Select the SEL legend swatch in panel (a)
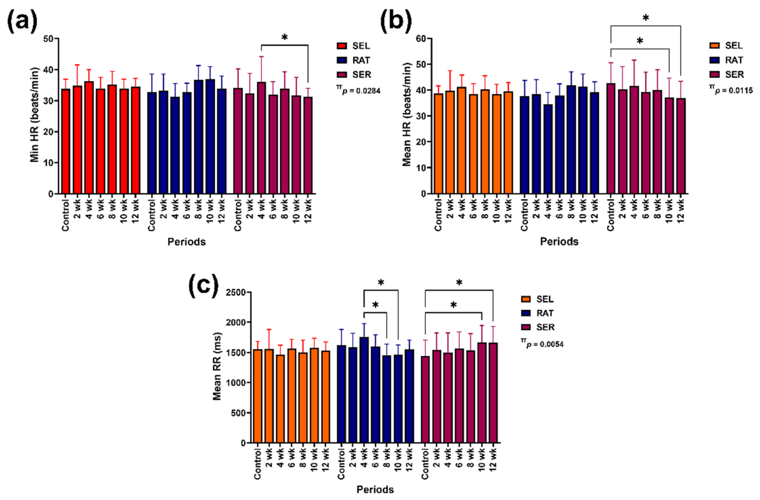pyautogui.click(x=342, y=46)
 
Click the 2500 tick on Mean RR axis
pyautogui.click(x=237, y=292)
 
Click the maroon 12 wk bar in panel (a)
pyautogui.click(x=308, y=145)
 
